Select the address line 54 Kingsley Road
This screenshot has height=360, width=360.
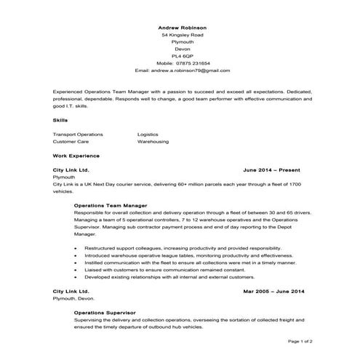point(182,35)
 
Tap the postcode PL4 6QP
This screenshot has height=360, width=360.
point(182,56)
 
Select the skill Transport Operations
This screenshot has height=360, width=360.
point(79,135)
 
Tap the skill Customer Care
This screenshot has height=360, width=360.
point(72,142)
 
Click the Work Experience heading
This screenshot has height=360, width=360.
point(76,156)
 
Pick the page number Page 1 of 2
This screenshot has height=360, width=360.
point(300,340)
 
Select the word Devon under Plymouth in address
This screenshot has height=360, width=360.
point(182,49)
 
